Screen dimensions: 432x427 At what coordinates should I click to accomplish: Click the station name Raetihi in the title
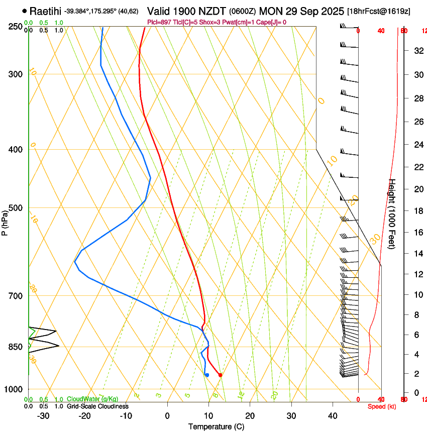click(45, 11)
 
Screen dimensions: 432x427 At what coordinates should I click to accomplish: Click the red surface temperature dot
click(220, 375)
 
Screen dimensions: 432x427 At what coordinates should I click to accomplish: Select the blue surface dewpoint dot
click(207, 375)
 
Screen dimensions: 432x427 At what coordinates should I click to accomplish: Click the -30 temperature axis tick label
click(43, 415)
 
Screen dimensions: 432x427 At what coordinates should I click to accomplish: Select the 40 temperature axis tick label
click(333, 415)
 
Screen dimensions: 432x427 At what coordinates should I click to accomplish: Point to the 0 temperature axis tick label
click(167, 415)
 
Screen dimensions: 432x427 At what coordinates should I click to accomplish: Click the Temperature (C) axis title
click(216, 426)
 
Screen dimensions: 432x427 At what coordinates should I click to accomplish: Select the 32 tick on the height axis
click(417, 51)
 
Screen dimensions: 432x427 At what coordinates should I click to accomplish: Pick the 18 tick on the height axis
click(417, 211)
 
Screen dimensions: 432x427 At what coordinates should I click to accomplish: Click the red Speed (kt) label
click(382, 406)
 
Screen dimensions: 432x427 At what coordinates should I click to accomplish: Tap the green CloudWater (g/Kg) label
click(92, 399)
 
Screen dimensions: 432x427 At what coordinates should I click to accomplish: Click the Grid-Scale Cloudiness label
click(97, 406)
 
